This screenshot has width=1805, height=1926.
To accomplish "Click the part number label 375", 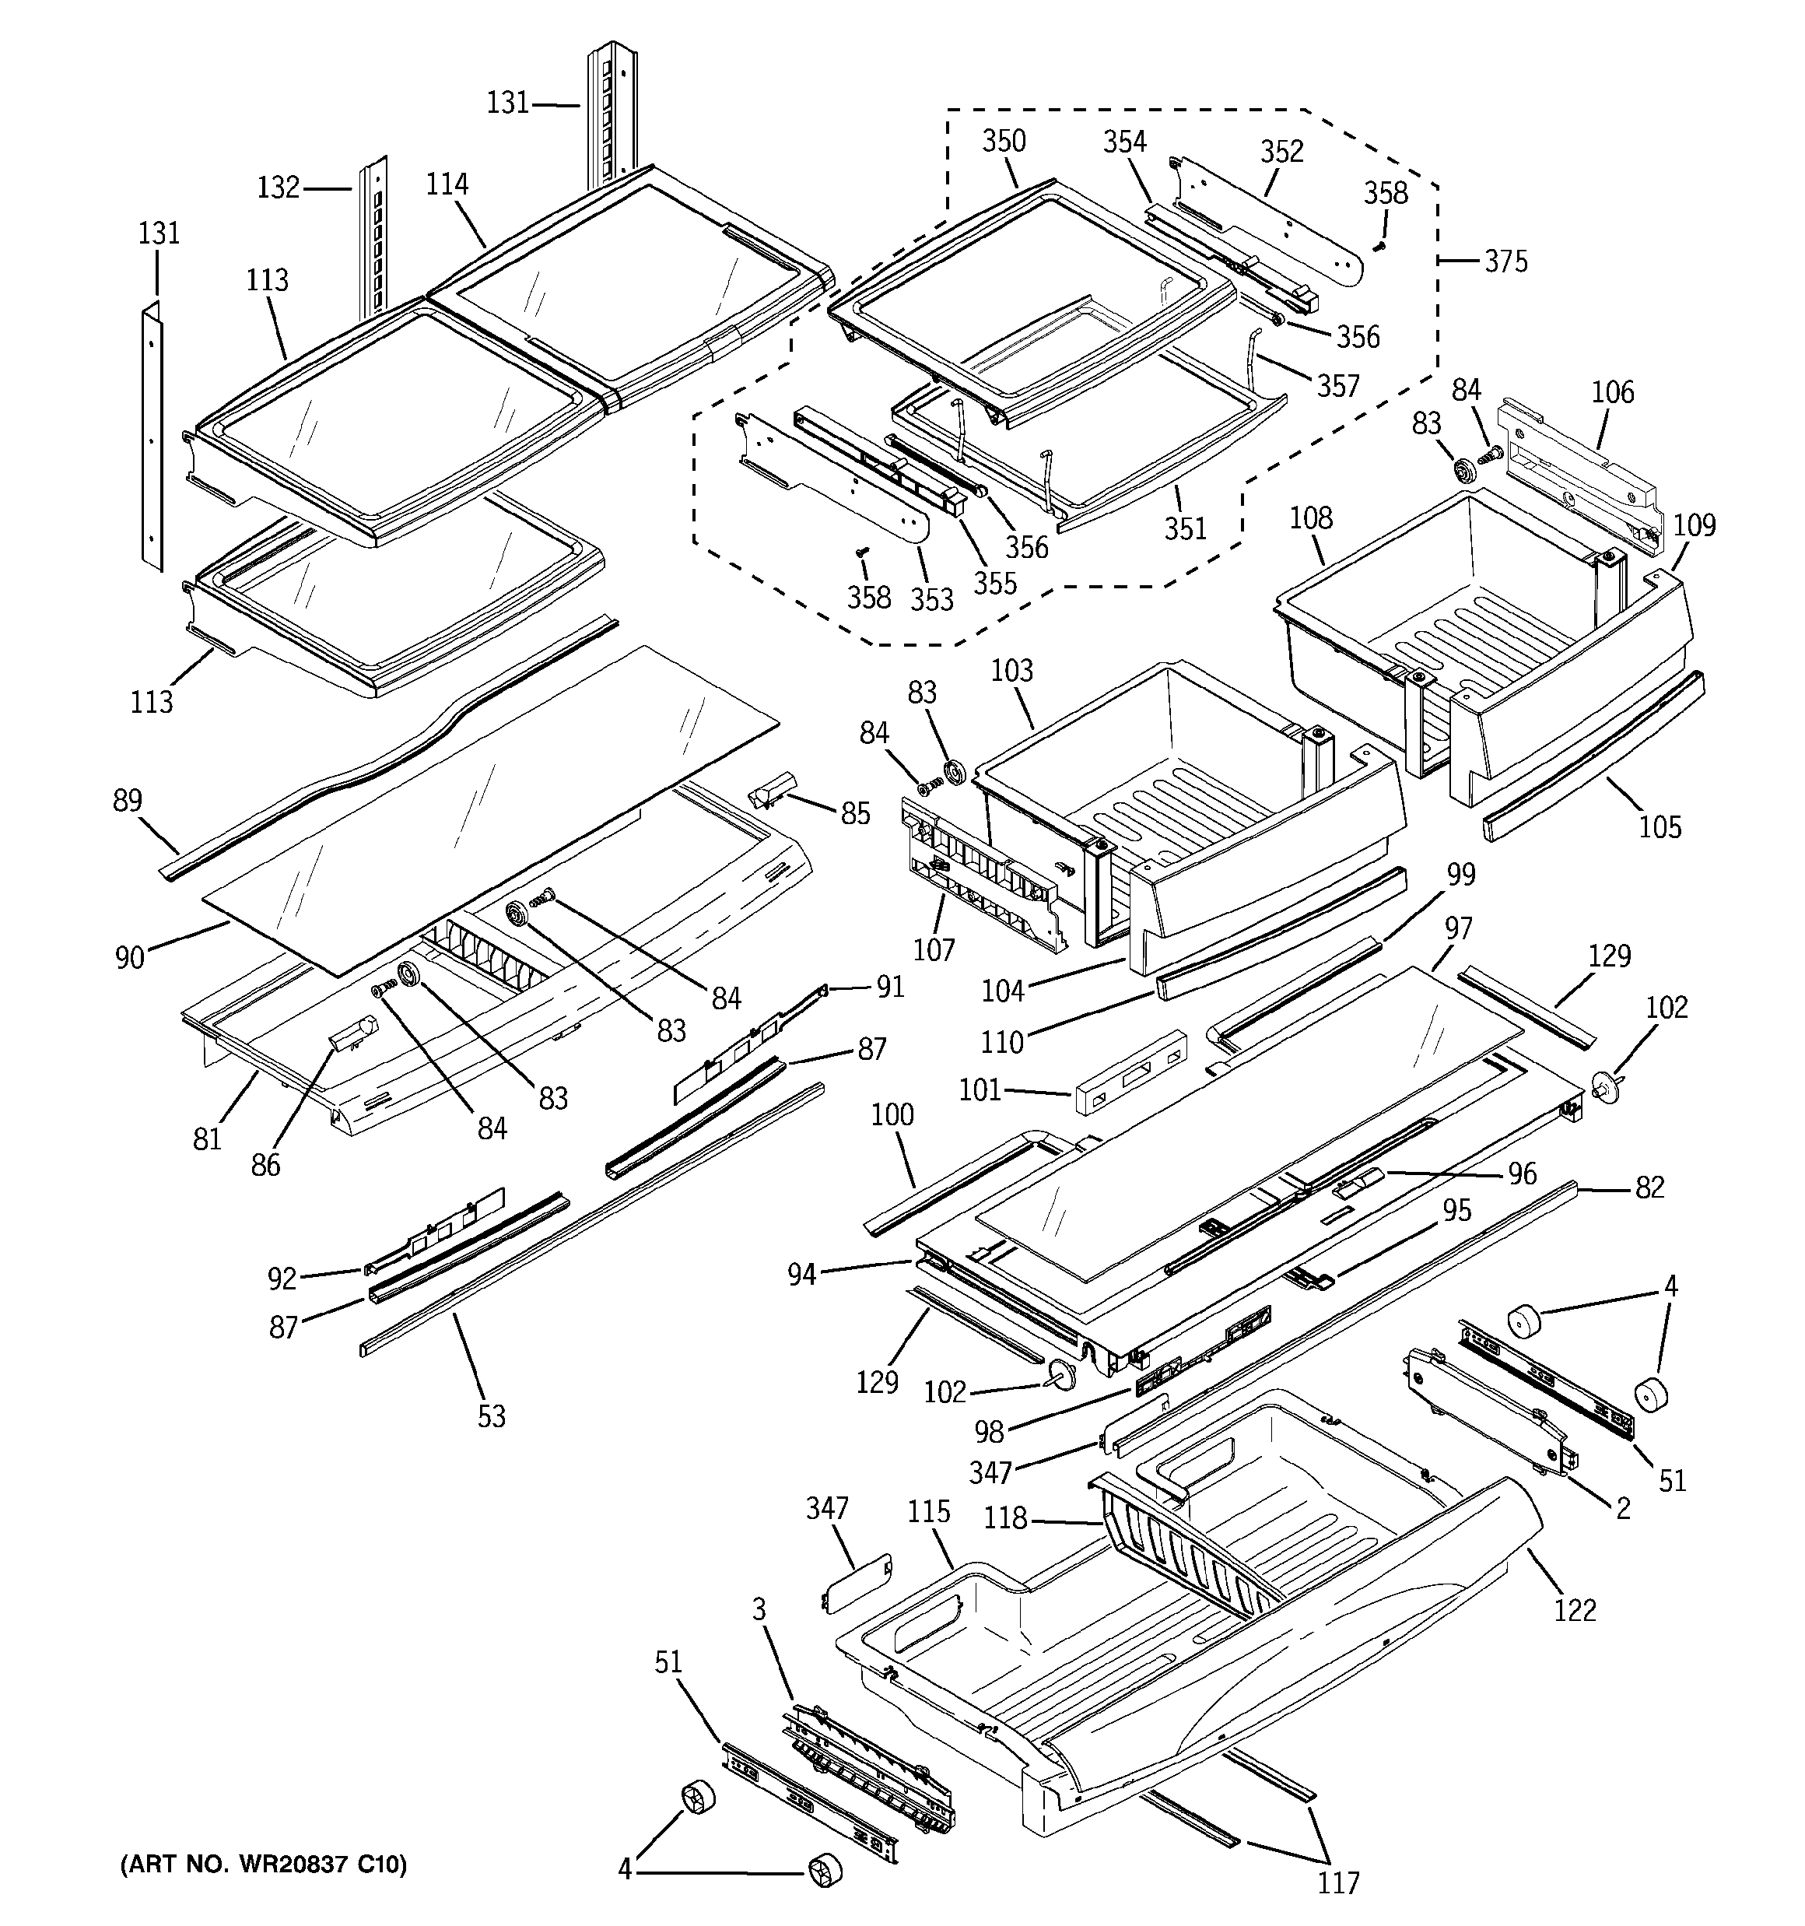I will point(1505,261).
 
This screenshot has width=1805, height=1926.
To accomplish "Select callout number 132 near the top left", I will point(278,187).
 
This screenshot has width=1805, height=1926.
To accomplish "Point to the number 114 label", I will point(447,184).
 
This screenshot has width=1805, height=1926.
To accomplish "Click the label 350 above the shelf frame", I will point(1003,142).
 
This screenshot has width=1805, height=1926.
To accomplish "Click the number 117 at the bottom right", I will point(1337,1882).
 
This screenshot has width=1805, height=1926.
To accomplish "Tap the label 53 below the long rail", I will point(491,1416).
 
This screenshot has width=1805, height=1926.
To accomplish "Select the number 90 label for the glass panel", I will point(130,957).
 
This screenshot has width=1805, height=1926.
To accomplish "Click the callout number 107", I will point(933,949).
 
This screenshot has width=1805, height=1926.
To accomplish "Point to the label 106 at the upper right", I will point(1612,392).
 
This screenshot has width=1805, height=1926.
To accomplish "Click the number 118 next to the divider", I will point(1004,1518).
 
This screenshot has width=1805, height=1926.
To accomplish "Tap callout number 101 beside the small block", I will point(980,1090).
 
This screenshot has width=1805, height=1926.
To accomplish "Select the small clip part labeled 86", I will point(352,1035).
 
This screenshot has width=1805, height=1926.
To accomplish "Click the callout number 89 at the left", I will point(127,800).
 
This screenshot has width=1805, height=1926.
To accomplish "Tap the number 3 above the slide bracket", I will point(759,1610).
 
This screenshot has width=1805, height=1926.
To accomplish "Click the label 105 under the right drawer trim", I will point(1660,827).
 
